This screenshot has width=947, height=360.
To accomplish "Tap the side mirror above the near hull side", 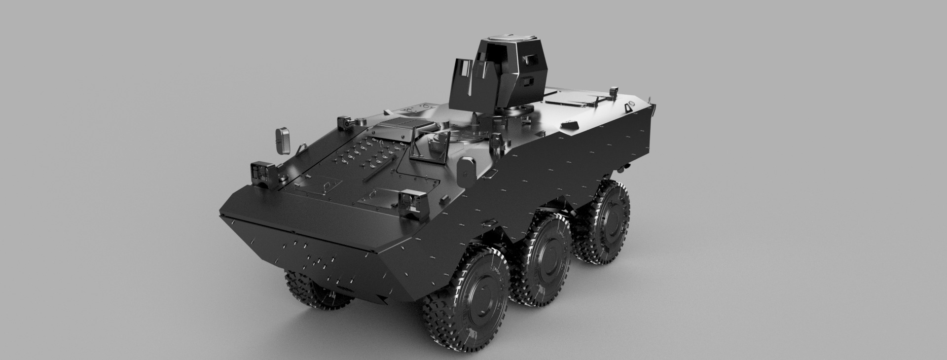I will [x=466, y=169].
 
